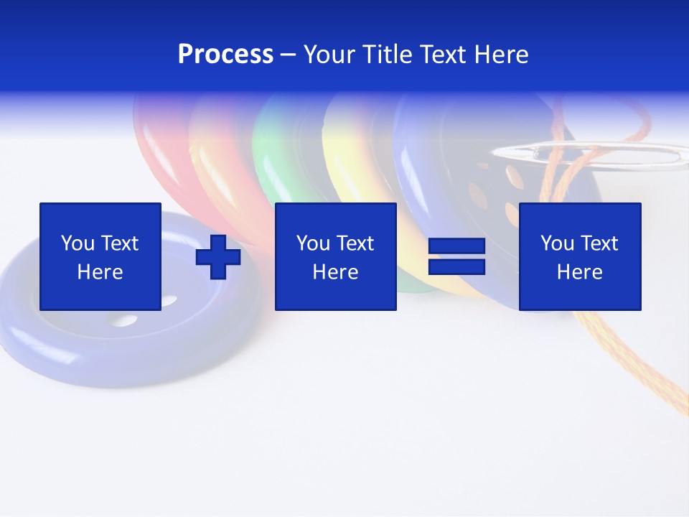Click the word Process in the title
point(225,55)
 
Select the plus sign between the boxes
point(218,257)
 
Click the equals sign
point(456,257)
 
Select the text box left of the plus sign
point(100,256)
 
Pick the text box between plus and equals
point(335,256)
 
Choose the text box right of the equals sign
point(579,256)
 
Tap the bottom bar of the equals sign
point(456,267)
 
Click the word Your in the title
point(330,55)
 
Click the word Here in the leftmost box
point(100,271)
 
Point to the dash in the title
point(289,55)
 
